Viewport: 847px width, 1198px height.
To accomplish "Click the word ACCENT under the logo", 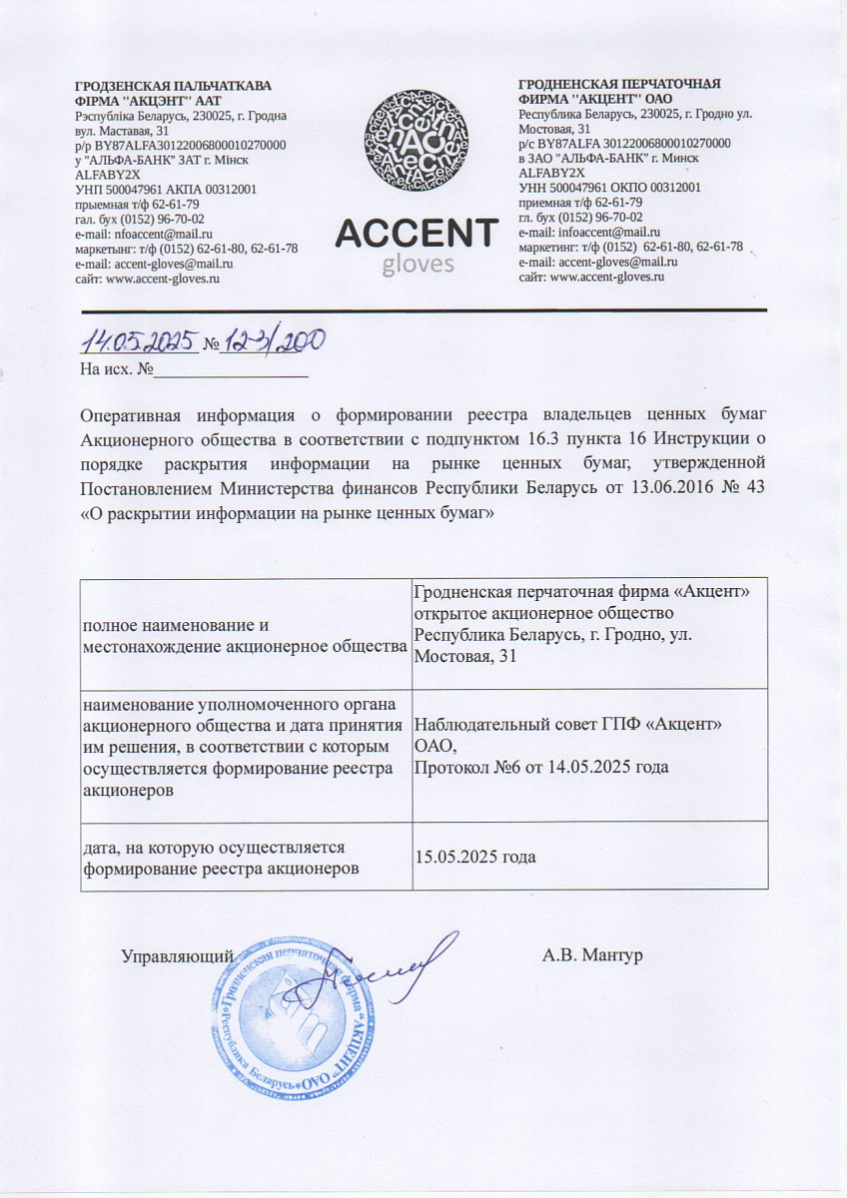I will pos(416,234).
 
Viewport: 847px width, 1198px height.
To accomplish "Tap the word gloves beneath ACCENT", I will pos(418,264).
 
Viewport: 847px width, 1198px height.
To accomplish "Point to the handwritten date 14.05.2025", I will pos(140,342).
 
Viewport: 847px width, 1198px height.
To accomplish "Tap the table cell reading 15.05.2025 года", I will pos(475,857).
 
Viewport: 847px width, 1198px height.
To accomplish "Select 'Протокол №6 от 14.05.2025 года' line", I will pos(540,767).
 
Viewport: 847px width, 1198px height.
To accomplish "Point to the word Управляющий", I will pos(178,955).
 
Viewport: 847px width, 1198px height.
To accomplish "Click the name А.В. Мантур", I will pos(592,955).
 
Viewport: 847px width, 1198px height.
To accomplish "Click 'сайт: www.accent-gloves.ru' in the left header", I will pos(147,280).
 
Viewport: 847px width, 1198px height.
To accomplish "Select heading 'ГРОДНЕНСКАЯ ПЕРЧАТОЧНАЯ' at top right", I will pos(619,84).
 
